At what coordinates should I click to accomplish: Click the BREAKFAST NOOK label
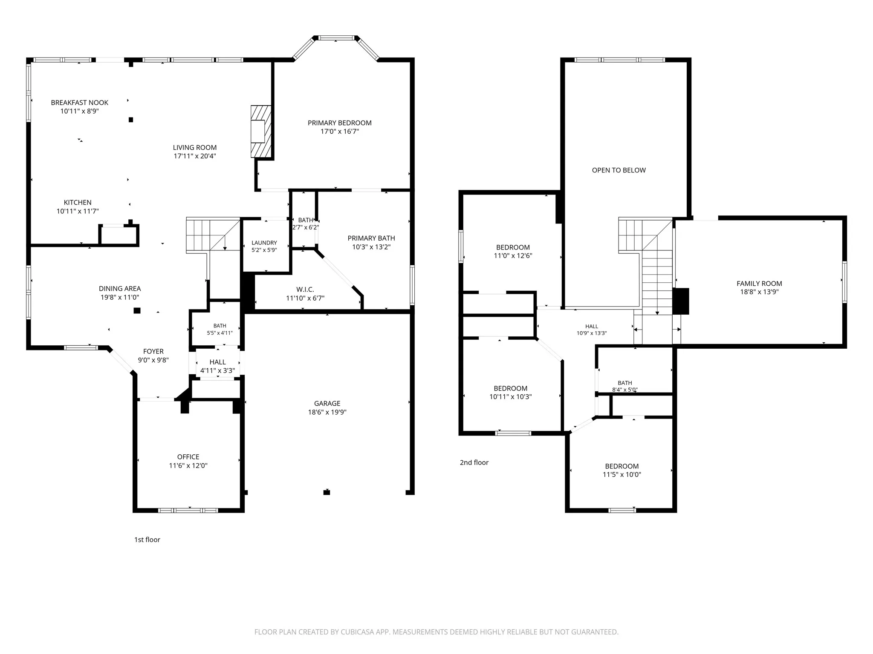(80, 103)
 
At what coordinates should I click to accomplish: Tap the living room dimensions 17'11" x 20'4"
(195, 156)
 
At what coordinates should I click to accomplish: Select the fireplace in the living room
(261, 132)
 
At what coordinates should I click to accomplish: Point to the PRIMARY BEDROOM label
(340, 123)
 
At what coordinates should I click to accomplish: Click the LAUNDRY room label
(264, 243)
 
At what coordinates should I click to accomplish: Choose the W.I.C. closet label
(305, 290)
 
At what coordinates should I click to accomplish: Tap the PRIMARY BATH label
(371, 238)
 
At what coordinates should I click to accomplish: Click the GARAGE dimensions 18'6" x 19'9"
(327, 412)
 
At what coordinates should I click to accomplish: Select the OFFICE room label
(188, 457)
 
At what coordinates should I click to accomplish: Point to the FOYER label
(153, 351)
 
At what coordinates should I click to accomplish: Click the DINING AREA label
(120, 289)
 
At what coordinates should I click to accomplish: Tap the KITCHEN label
(78, 203)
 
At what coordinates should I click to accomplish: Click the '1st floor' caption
(147, 540)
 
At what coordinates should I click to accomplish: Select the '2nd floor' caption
(474, 462)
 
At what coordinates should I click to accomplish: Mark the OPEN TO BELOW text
(619, 170)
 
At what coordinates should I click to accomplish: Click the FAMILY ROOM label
(760, 284)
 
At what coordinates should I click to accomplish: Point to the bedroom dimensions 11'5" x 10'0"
(622, 475)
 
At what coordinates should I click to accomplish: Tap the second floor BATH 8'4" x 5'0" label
(625, 386)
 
